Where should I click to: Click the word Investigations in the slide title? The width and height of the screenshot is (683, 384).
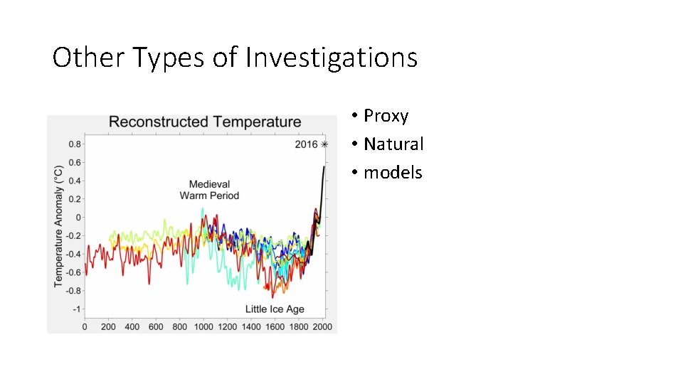[x=331, y=58]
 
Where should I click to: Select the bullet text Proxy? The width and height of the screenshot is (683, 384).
[x=386, y=115]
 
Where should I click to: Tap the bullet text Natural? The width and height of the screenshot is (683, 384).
[x=393, y=144]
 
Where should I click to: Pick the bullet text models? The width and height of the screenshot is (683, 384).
[x=393, y=172]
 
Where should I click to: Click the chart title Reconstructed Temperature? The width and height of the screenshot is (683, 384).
[x=205, y=122]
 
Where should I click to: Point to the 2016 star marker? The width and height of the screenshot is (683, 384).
[x=324, y=144]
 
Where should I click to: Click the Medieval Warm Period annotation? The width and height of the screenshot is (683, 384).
[x=209, y=190]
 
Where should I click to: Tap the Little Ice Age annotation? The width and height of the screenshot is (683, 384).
[x=275, y=309]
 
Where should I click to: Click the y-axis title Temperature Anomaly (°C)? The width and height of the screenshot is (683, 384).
[x=59, y=226]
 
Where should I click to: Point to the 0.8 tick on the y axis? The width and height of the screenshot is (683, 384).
[x=75, y=144]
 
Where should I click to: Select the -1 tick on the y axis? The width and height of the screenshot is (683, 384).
[x=77, y=309]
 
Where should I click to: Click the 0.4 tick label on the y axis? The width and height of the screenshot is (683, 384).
[x=75, y=181]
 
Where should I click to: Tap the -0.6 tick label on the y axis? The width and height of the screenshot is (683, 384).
[x=73, y=272]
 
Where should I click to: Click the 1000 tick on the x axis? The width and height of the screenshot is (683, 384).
[x=203, y=326]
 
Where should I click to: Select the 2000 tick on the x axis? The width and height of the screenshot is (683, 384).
[x=322, y=326]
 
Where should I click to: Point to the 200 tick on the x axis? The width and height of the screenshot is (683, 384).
[x=108, y=326]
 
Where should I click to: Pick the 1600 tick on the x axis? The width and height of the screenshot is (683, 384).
[x=275, y=326]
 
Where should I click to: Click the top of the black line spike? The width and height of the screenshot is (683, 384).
[x=324, y=168]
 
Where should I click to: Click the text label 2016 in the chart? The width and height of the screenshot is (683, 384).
[x=306, y=144]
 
